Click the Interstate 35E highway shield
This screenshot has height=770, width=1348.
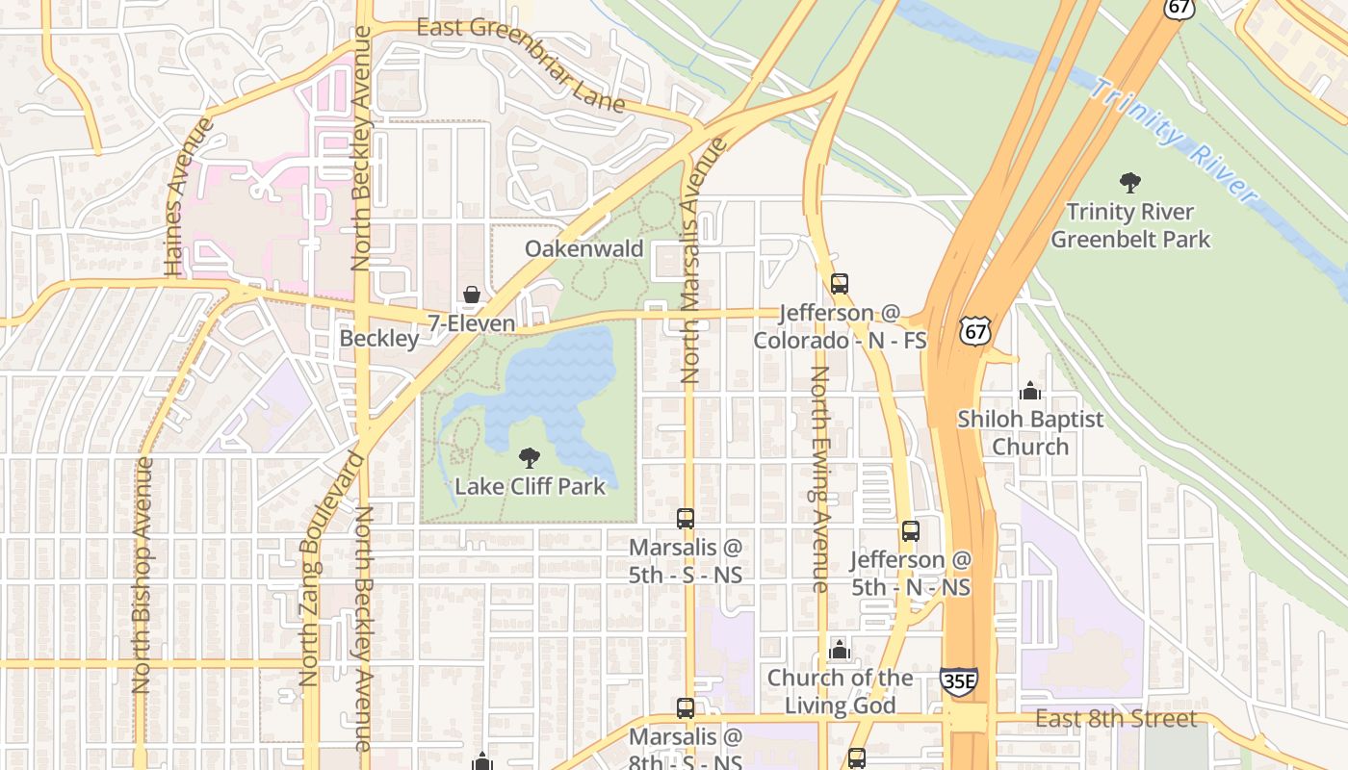pos(958,680)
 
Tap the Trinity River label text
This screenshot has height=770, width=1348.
pos(1174,141)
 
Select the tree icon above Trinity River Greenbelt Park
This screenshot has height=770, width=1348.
pos(1129,182)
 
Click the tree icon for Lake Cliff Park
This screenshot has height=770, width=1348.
pos(529,457)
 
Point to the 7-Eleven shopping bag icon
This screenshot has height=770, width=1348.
pos(471,295)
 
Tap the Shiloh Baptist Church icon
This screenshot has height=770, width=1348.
pos(1030,391)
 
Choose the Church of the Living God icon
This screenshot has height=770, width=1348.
pos(840,650)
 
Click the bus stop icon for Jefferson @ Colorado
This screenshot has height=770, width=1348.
pos(840,284)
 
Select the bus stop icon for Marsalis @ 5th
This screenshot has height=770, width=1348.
pos(686,519)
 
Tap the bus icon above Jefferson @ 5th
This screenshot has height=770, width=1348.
pos(910,530)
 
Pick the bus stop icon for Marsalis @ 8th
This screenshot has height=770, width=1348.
pos(686,708)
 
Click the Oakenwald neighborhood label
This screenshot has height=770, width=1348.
pos(583,249)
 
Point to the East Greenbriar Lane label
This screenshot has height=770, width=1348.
pos(521,64)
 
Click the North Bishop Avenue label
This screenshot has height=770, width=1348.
pos(143,575)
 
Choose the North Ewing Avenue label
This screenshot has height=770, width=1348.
pos(819,478)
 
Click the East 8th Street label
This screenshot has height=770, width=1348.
pos(1116,719)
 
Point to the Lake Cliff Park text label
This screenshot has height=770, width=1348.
pos(530,486)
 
